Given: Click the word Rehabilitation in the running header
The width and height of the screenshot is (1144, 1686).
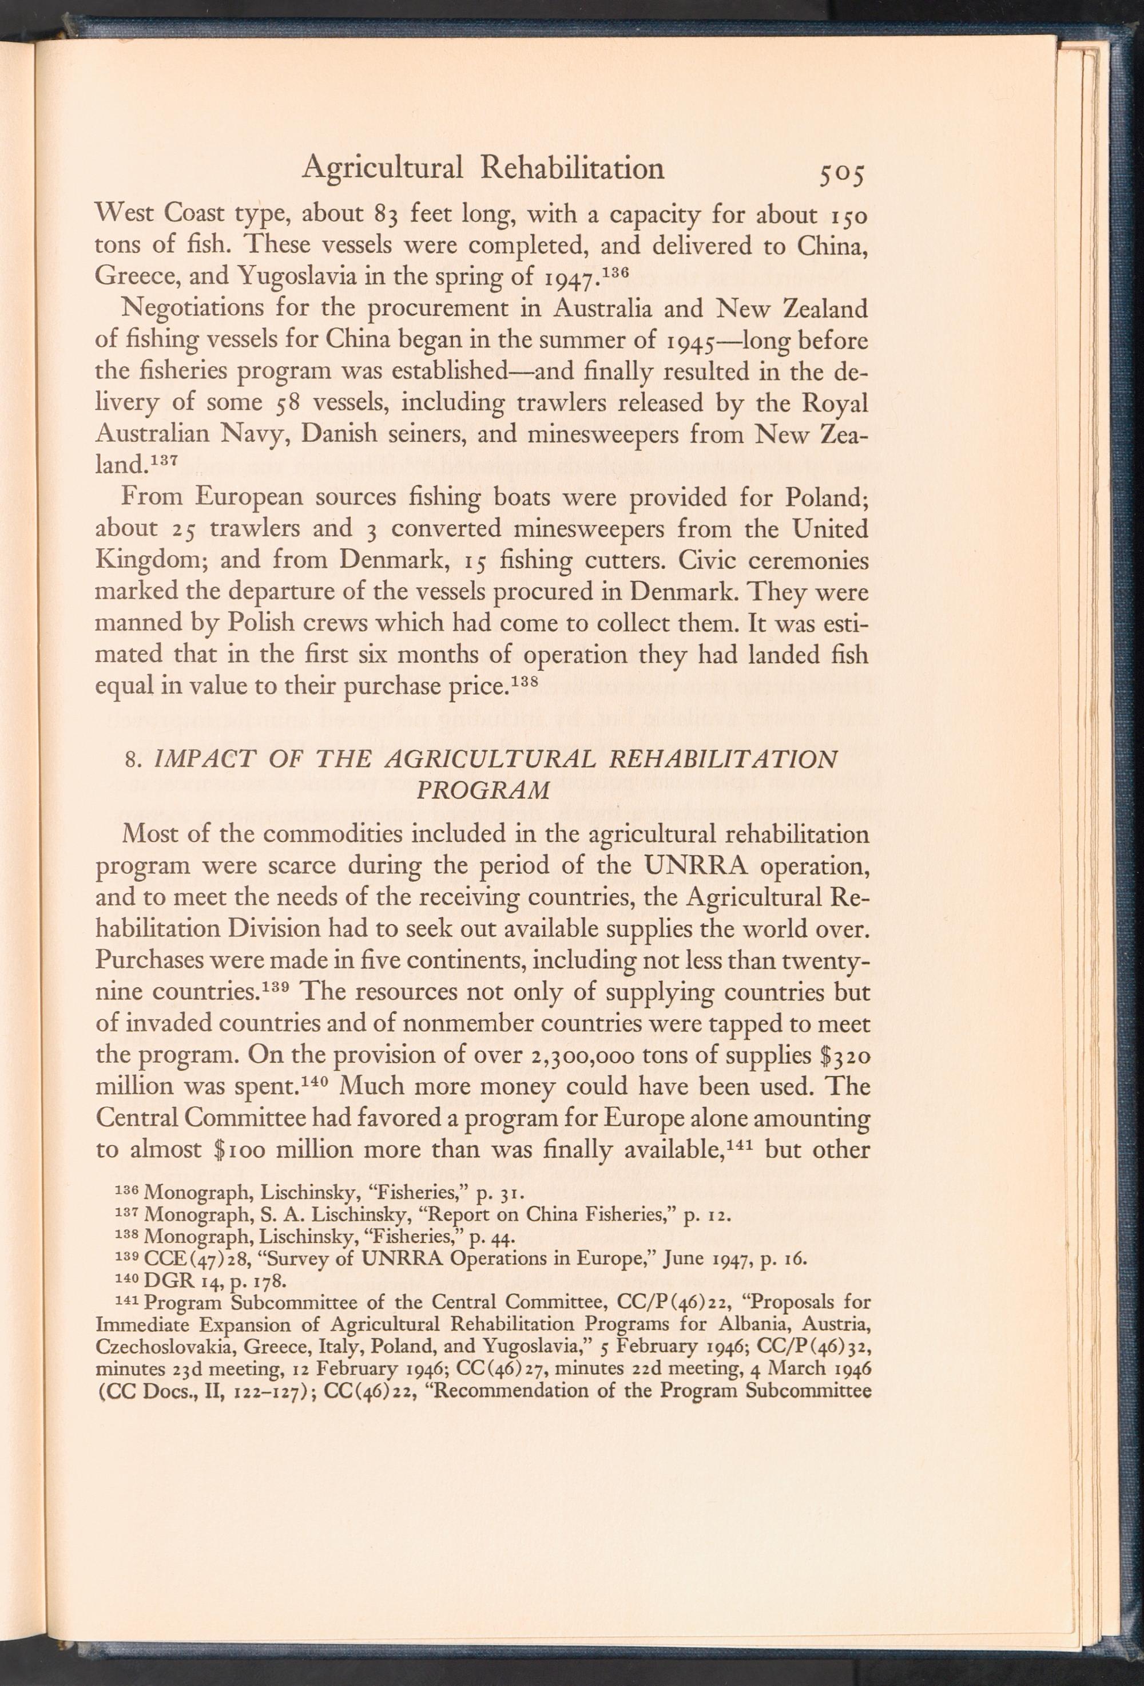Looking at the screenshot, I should click(x=572, y=168).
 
